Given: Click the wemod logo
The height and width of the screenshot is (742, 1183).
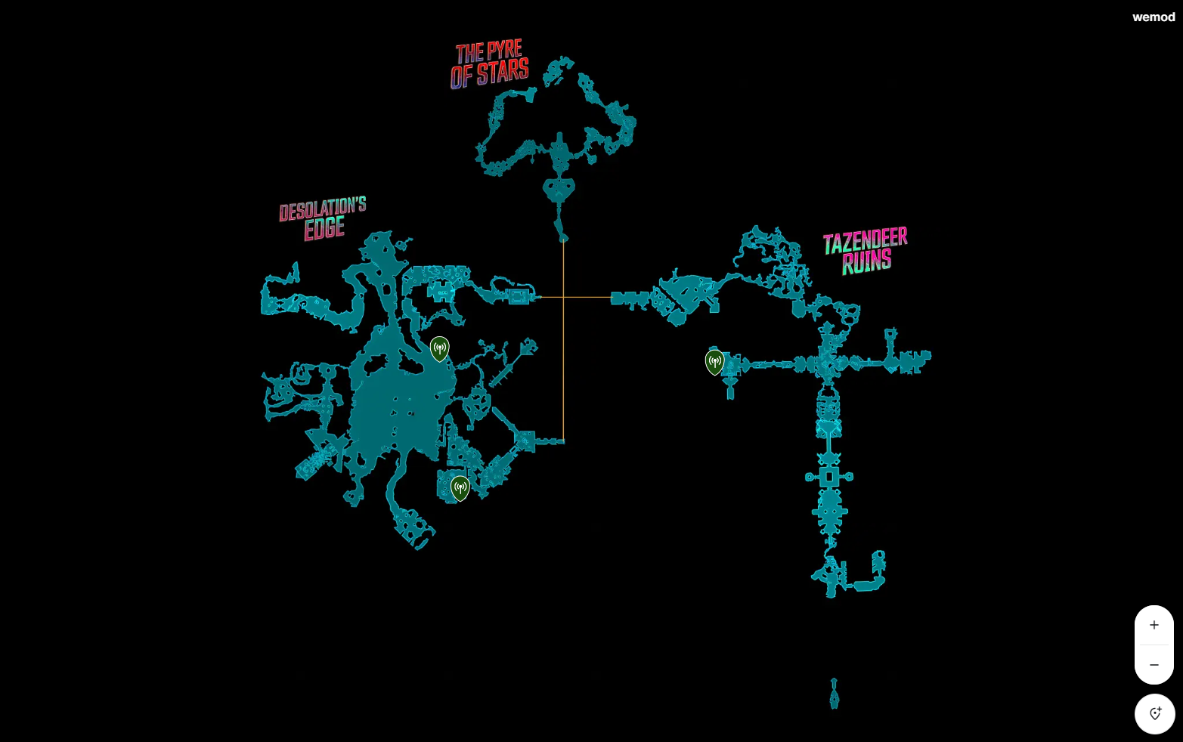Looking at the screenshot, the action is coord(1154,17).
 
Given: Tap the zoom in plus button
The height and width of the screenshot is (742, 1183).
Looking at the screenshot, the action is coord(1154,625).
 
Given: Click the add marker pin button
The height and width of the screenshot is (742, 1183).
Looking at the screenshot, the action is coord(1155,713).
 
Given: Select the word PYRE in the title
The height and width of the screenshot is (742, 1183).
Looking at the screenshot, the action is coord(504,50).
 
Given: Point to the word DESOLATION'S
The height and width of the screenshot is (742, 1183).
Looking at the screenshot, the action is coord(323,209).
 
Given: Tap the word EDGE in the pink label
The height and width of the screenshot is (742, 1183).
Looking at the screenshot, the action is coord(324,228).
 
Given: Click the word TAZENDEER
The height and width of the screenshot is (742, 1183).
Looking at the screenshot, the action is coord(865,241).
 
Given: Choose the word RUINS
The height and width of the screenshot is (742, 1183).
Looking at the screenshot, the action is coord(867,261).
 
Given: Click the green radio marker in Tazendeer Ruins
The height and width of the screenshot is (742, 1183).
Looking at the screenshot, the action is coord(714,362).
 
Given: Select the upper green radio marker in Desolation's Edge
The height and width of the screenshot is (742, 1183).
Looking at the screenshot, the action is coord(439,349).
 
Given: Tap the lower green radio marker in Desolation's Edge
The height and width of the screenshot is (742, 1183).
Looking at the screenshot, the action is coord(460,488).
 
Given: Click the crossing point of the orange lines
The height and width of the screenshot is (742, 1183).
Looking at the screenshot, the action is coord(563,297).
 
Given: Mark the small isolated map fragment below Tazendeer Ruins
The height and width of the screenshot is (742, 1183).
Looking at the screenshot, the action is coord(834,694).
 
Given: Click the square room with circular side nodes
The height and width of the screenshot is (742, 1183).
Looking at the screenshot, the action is coord(829,477).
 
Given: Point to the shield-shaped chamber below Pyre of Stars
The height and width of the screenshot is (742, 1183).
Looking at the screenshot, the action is coord(559,189).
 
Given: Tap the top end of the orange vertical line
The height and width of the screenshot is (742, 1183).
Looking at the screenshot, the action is coord(563,241).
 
